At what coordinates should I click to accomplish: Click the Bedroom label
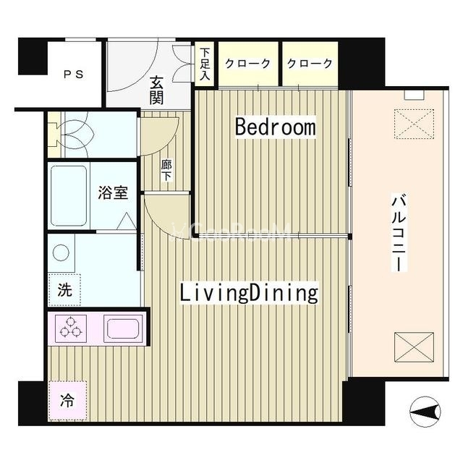coord(275,127)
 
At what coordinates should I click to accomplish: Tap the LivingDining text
coord(249,292)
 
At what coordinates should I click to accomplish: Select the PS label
coord(74,74)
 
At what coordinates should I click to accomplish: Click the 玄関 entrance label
coord(156,90)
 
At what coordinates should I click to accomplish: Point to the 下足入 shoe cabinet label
coord(205,64)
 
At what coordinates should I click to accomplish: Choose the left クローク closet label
coord(247,64)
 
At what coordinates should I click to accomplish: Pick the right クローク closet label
coord(310,64)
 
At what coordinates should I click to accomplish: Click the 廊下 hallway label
coord(166,171)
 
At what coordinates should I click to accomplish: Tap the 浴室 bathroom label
coord(113,193)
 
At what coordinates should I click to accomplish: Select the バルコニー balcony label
coord(399,232)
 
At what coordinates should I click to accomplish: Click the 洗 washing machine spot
coord(64,290)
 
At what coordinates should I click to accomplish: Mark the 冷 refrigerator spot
coord(67,400)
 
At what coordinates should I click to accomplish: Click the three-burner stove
coord(71,328)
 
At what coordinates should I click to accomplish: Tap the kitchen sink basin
coord(123,328)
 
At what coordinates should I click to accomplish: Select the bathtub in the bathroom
coord(69,196)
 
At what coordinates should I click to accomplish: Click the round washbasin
coord(61,252)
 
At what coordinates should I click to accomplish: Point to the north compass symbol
coord(425,412)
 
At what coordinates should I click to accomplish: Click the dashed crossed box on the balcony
coord(414,124)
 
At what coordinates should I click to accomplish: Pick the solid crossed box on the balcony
coord(414,347)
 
